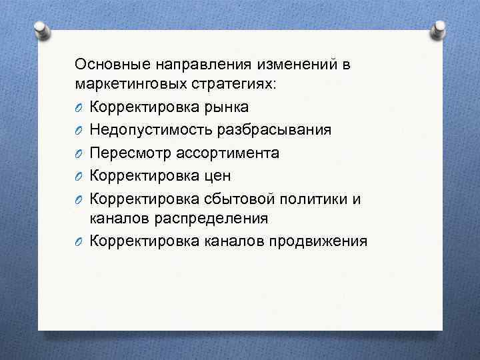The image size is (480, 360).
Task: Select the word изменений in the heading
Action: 293,65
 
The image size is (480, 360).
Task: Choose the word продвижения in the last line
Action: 317,241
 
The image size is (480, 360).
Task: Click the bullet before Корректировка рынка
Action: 79,108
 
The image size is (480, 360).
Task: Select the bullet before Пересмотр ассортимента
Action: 79,153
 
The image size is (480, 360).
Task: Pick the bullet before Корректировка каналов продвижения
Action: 79,241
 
